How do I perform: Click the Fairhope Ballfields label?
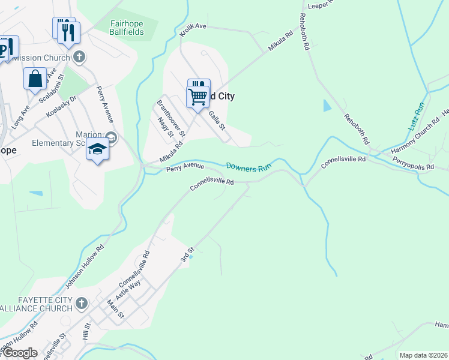(127, 27)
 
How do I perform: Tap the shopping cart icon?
(197, 95)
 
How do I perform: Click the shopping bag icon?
(35, 79)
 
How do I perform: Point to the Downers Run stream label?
(249, 167)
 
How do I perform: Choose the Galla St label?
(216, 120)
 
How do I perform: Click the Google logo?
(19, 353)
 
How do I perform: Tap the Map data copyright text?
(423, 355)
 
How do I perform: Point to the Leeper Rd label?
(319, 5)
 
